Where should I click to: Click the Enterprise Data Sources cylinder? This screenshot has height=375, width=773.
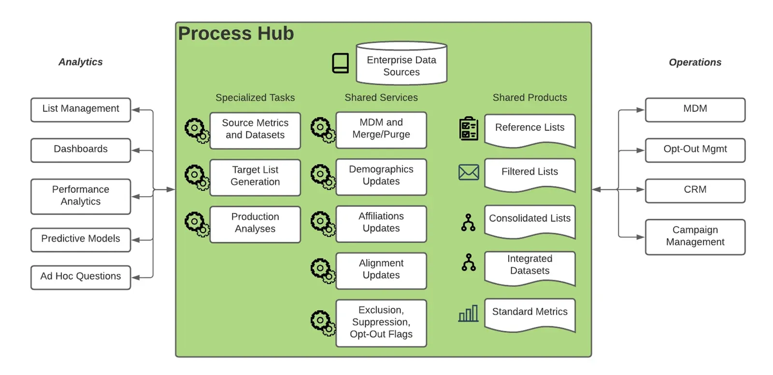point(401,63)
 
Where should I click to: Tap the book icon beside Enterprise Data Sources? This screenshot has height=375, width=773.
point(340,63)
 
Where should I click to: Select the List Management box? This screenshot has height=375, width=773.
point(81,110)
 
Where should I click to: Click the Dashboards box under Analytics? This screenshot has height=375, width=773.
point(81,150)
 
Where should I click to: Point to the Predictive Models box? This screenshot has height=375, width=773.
point(81,240)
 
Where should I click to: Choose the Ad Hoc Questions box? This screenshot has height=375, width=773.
point(81,277)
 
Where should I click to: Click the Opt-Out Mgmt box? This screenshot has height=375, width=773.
point(695,150)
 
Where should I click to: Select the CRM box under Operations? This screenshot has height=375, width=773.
point(695,190)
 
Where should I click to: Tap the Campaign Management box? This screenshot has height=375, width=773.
point(695,237)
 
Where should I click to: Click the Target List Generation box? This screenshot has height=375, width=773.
point(255,177)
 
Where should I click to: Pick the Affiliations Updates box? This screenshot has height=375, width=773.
point(381,224)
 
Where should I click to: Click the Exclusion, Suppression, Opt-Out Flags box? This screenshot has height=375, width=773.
point(381,323)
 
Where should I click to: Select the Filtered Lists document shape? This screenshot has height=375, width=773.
point(530,174)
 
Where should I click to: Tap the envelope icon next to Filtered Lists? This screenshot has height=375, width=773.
point(469,173)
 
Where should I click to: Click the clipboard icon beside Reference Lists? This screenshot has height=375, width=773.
point(469,129)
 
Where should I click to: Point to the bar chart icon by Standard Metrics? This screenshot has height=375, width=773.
point(468,313)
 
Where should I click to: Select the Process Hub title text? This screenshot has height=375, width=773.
point(236,33)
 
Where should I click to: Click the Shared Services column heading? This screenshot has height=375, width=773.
point(381,98)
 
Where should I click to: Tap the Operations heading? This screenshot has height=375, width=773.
point(695,62)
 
